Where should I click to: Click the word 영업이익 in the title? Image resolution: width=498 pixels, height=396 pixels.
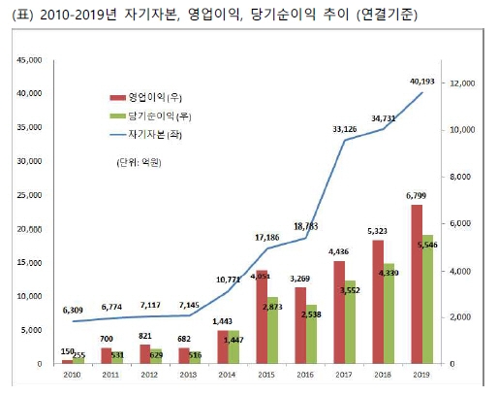tap(198, 14)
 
